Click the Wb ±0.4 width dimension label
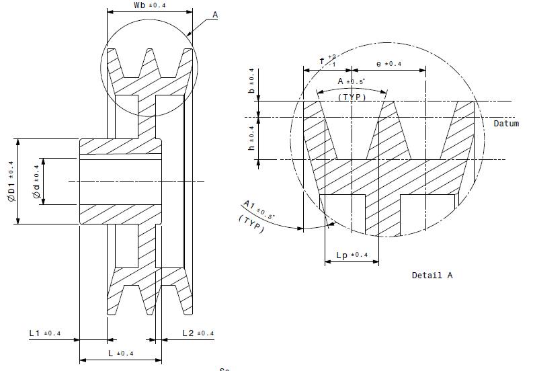[x=149, y=5]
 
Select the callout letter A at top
[x=214, y=14]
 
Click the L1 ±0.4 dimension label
[x=44, y=333]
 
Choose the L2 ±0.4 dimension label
[x=198, y=333]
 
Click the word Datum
[x=506, y=124]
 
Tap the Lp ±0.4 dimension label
[x=351, y=255]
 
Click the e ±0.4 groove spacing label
[x=388, y=64]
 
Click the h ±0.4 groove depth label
[x=251, y=138]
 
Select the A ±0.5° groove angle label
[x=351, y=81]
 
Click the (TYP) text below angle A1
[x=251, y=224]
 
